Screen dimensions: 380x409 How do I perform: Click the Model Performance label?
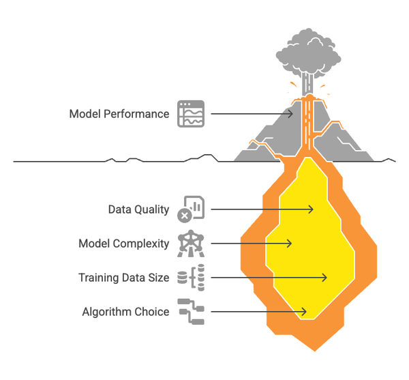tap(119, 114)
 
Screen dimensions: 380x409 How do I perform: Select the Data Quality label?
tap(138, 209)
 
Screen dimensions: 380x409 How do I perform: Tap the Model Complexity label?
tap(123, 244)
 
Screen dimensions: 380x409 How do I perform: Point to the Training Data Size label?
tap(123, 278)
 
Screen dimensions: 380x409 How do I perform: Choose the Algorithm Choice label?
tap(125, 312)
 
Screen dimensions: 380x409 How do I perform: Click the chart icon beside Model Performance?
tap(191, 114)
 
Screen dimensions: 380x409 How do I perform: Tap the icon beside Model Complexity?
tap(190, 244)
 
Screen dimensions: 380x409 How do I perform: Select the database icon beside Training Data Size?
tap(190, 278)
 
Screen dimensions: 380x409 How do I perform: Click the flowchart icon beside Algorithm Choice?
tap(190, 312)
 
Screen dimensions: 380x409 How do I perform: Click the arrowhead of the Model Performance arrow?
tap(292, 114)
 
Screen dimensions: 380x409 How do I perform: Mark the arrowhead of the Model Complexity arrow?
tap(290, 244)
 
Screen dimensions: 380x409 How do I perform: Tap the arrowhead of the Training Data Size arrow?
tap(324, 278)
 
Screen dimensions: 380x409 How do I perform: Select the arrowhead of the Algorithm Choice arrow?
tap(305, 312)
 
